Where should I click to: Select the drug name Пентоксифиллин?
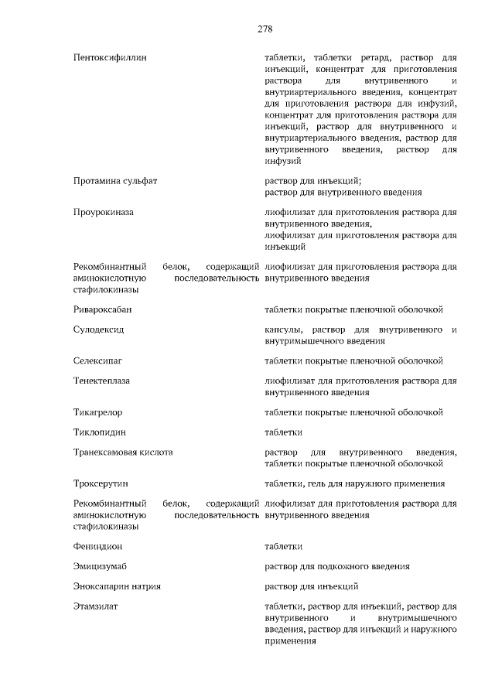[109, 58]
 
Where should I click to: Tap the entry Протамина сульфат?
[115, 180]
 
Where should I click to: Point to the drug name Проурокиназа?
[104, 212]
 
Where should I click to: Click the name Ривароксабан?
[103, 309]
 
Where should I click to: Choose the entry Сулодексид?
[99, 330]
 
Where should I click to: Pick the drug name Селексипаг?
[98, 360]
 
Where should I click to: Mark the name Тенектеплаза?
[102, 381]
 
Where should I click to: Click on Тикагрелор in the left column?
[98, 412]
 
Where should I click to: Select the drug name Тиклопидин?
[100, 432]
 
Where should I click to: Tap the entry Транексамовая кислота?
[123, 452]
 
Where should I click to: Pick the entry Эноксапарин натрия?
[118, 586]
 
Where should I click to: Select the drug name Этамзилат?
[97, 606]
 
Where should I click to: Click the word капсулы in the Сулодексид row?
[282, 330]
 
